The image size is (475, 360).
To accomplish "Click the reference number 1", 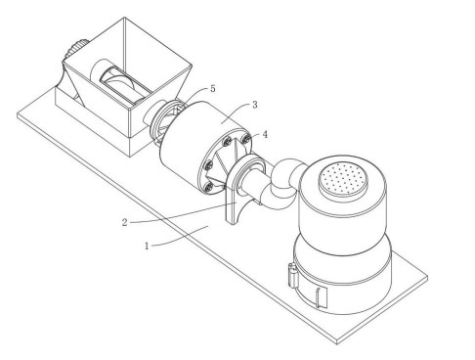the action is [x=147, y=246].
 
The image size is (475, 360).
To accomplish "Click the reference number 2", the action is [x=125, y=223].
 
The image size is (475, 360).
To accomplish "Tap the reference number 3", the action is [x=255, y=105].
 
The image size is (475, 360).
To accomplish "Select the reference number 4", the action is [x=265, y=134].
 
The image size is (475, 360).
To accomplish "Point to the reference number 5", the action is [x=213, y=88].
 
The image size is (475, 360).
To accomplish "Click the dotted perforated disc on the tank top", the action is [x=343, y=178].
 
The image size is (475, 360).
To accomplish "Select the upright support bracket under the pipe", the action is [x=234, y=202].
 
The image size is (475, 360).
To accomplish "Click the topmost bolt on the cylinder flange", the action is [x=247, y=139].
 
